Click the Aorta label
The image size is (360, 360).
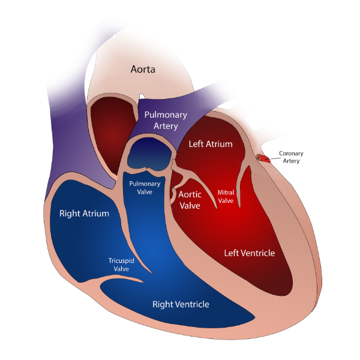pyautogui.click(x=143, y=69)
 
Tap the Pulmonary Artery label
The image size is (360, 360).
pyautogui.click(x=166, y=121)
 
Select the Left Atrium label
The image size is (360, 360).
pyautogui.click(x=211, y=144)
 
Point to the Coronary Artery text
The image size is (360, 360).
pyautogui.click(x=291, y=157)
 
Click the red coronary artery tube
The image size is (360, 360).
pyautogui.click(x=263, y=158)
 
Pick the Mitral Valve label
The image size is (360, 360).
pyautogui.click(x=226, y=197)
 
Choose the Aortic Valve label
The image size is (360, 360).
pyautogui.click(x=190, y=200)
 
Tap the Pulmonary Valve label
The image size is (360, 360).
pyautogui.click(x=145, y=188)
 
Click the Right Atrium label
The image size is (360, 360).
pyautogui.click(x=84, y=214)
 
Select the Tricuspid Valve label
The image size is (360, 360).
pyautogui.click(x=121, y=265)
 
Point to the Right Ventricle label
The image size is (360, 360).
pyautogui.click(x=181, y=304)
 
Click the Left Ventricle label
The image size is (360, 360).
pyautogui.click(x=250, y=253)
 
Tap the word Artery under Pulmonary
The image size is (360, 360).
pyautogui.click(x=166, y=126)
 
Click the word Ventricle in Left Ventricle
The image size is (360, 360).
pyautogui.click(x=258, y=253)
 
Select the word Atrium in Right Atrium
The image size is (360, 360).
pyautogui.click(x=96, y=214)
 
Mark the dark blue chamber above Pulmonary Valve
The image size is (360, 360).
pyautogui.click(x=149, y=154)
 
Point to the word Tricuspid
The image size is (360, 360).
pyautogui.click(x=121, y=261)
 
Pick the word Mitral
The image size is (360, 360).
pyautogui.click(x=226, y=193)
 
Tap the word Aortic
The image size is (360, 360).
pyautogui.click(x=190, y=194)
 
